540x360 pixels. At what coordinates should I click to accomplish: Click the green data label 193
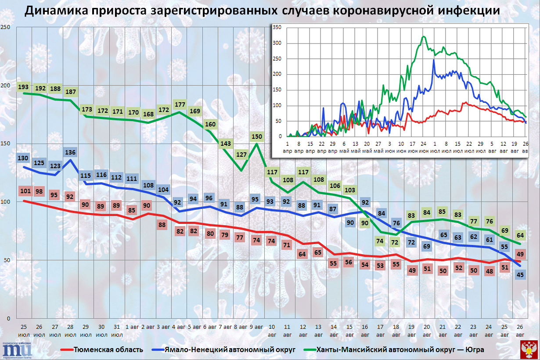pos(24,87)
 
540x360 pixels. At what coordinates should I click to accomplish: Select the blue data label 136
pos(70,153)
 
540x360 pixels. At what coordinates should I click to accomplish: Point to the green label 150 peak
pos(256,137)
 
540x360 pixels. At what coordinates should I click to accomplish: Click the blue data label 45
pos(520,275)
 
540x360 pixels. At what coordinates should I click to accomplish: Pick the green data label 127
pos(241,154)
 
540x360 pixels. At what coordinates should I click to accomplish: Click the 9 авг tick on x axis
pos(256,327)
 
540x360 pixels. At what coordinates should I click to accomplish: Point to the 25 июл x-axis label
pos(24,330)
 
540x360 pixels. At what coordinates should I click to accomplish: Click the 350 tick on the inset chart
pos(277,27)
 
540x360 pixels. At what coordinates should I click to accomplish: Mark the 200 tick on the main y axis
pos(6,85)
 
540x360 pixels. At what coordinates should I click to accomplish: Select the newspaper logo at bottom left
pos(18,349)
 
